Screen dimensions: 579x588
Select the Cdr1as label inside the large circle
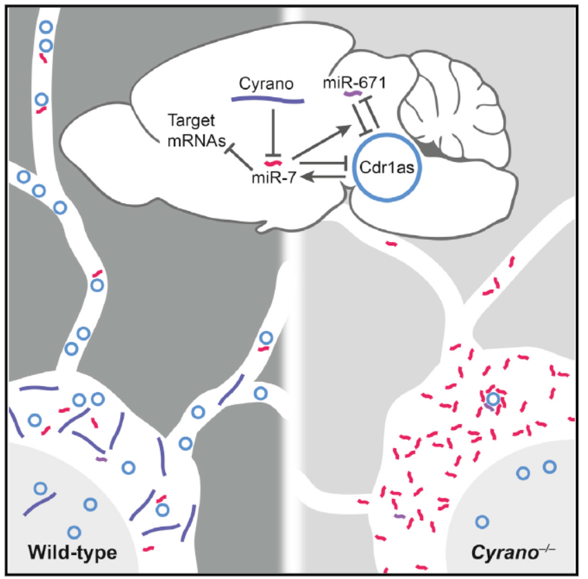(x=384, y=167)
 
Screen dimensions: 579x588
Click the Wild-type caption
(x=72, y=553)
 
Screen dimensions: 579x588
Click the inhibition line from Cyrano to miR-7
(x=274, y=131)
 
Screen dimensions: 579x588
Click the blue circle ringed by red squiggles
(x=491, y=398)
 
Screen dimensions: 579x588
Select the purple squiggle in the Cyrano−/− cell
(x=399, y=516)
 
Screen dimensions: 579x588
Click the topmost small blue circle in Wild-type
(x=46, y=29)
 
